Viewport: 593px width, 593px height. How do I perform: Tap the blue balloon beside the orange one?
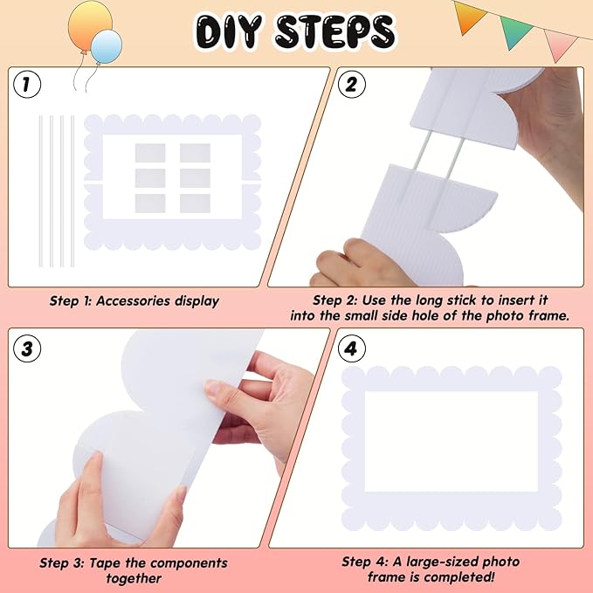(106, 45)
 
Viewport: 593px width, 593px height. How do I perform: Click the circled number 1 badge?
(29, 85)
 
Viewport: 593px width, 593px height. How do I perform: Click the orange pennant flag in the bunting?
(470, 14)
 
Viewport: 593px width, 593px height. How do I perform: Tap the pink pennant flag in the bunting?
(558, 42)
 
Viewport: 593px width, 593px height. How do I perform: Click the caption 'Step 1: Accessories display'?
(134, 301)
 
